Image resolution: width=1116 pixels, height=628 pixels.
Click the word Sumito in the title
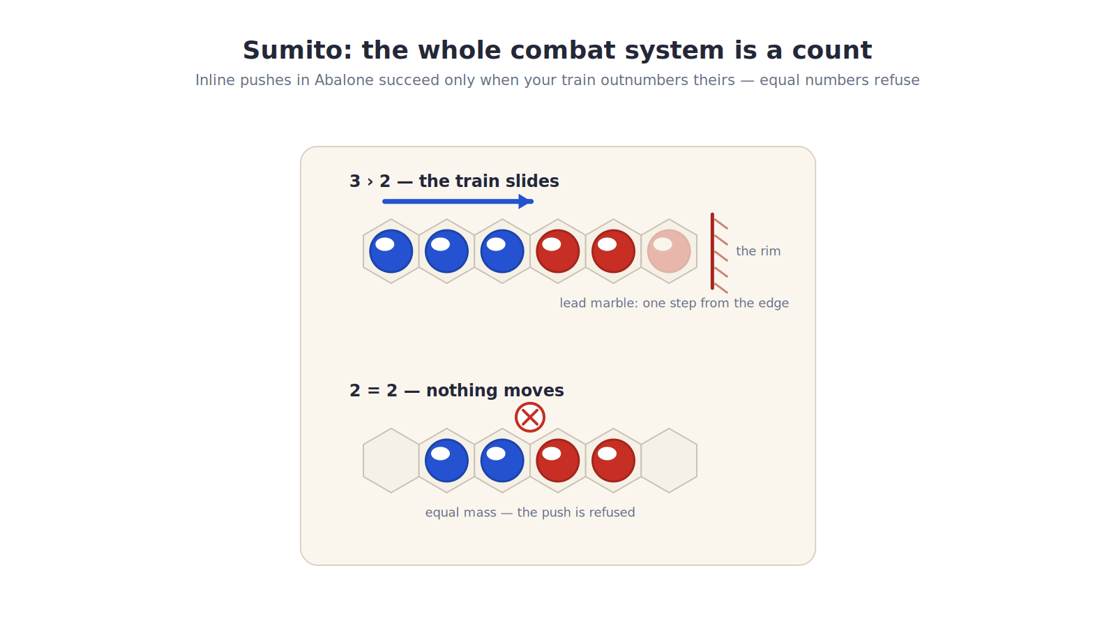point(297,50)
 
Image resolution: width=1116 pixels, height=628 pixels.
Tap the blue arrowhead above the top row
point(525,202)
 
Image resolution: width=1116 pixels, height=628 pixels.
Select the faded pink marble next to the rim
point(669,251)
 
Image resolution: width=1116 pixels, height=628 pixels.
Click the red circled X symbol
point(529,417)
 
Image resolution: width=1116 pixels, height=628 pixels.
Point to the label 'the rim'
point(757,251)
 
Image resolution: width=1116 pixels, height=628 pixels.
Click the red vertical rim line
point(712,251)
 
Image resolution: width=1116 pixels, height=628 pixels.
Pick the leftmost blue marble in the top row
point(391,251)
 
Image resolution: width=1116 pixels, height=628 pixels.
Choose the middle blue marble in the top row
point(446,251)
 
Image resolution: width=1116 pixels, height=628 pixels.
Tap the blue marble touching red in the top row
point(502,251)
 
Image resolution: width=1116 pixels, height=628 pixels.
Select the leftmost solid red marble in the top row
point(557,251)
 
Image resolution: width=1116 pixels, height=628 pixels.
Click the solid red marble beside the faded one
point(613,251)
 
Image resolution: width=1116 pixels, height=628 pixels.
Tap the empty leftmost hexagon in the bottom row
point(391,461)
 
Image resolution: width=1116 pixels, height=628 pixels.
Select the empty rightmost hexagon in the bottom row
point(669,461)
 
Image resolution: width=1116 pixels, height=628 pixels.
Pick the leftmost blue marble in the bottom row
point(446,461)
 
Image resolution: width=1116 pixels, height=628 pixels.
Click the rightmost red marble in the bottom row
point(613,461)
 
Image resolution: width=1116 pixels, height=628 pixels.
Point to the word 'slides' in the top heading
point(532,181)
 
